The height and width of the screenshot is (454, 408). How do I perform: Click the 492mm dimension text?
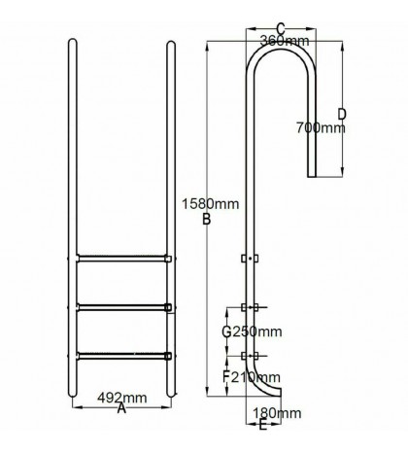[121, 397]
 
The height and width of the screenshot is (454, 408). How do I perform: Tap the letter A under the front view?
[121, 410]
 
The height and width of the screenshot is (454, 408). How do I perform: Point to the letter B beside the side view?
[206, 220]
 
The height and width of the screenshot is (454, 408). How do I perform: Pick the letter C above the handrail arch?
[280, 28]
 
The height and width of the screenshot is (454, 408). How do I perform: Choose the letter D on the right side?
[342, 114]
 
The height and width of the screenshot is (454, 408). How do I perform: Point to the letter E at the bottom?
[263, 426]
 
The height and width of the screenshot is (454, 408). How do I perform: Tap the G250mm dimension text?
[251, 332]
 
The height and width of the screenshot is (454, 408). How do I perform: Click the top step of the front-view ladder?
[121, 259]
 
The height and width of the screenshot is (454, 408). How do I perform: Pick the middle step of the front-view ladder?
[121, 307]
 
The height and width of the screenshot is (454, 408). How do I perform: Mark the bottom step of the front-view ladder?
[121, 354]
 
